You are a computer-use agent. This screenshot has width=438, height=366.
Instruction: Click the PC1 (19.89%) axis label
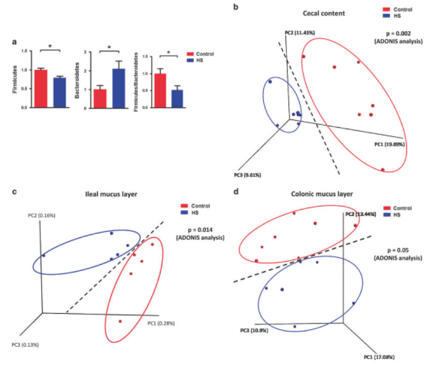(x=389, y=144)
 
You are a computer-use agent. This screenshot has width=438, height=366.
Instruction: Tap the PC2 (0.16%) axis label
(x=41, y=215)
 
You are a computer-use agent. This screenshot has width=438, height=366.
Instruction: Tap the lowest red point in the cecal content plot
(x=383, y=169)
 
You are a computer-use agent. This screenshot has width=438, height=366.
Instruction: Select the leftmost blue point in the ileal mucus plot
(x=44, y=256)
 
